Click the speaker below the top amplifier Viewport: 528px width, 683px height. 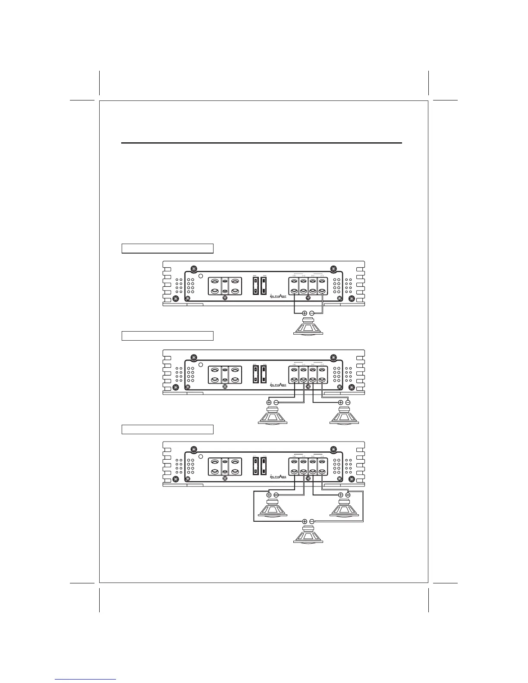tap(308, 326)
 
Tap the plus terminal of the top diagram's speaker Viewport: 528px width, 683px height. tap(305, 313)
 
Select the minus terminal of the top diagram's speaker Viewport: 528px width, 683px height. tap(311, 313)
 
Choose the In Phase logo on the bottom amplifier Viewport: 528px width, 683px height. tap(278, 476)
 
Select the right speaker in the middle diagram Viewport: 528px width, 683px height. tap(344, 416)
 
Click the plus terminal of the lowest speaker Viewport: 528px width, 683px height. tap(305, 521)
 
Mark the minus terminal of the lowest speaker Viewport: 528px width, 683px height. tap(311, 521)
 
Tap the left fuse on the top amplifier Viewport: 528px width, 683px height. tap(255, 286)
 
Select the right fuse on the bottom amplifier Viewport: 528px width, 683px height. tap(264, 466)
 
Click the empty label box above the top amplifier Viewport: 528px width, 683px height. tap(167, 248)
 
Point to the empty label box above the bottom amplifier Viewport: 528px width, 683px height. tap(167, 429)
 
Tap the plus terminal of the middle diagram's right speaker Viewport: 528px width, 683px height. tap(341, 403)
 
